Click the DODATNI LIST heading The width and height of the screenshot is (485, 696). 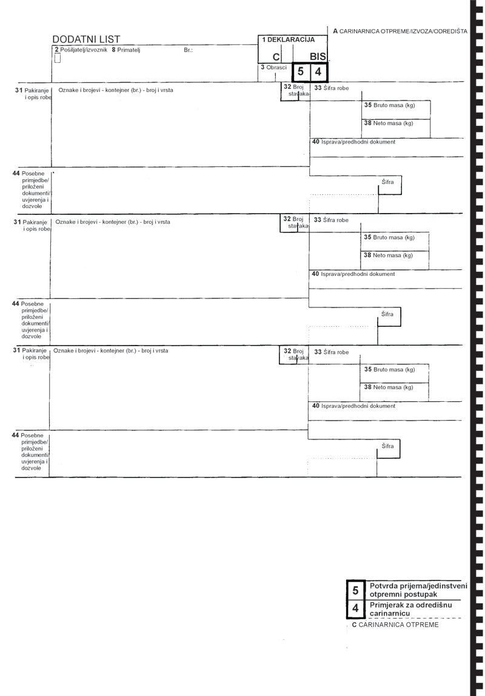click(86, 39)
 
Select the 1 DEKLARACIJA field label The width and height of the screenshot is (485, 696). click(288, 39)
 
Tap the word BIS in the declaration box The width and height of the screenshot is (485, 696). click(318, 57)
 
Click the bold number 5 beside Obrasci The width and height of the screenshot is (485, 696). click(301, 71)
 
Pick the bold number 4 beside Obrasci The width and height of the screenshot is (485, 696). click(318, 71)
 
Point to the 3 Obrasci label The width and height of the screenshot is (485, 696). click(274, 67)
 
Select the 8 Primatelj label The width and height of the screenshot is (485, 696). click(126, 50)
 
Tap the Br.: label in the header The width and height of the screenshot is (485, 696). click(188, 50)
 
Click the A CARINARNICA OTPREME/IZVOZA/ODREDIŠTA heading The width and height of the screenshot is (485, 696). click(400, 31)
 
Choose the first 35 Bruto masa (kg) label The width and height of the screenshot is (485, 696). click(389, 105)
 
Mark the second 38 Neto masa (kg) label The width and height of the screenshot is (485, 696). click(388, 255)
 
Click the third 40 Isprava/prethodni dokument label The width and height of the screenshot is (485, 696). click(353, 405)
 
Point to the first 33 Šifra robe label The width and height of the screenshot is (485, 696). click(332, 88)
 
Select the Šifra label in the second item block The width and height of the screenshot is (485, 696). click(387, 314)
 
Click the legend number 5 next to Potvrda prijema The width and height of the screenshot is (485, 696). click(355, 590)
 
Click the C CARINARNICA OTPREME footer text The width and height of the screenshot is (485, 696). click(395, 625)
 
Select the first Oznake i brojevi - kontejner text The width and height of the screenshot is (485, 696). click(116, 90)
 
